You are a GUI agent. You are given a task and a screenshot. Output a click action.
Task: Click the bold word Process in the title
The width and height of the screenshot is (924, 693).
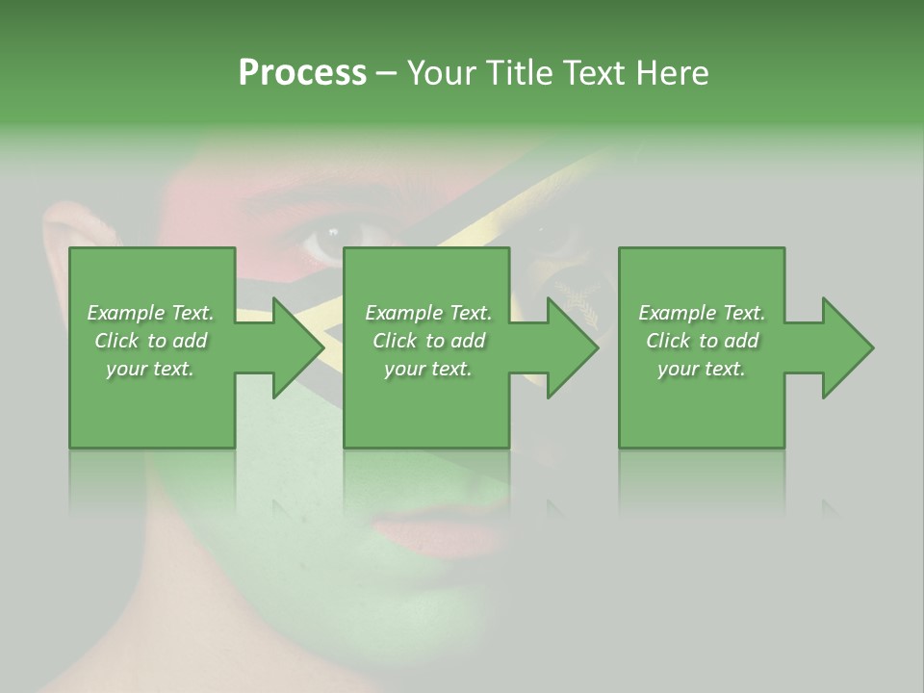(302, 73)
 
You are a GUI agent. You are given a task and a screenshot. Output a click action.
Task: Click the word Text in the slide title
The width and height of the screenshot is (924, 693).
(592, 73)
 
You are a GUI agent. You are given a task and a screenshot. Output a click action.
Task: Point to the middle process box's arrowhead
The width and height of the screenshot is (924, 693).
(570, 347)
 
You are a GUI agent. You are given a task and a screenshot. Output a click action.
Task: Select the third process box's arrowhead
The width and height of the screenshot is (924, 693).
(845, 347)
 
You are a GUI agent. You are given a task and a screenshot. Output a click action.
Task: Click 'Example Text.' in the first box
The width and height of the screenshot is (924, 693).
(150, 313)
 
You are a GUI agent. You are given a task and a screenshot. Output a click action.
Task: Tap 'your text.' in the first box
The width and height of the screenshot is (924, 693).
(150, 369)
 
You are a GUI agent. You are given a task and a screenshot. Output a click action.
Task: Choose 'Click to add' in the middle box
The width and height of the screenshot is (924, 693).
(428, 341)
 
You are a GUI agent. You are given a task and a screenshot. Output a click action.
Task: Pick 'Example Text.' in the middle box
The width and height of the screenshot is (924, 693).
(428, 313)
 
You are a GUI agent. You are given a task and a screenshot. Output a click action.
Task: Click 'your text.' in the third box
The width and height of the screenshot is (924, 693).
(702, 369)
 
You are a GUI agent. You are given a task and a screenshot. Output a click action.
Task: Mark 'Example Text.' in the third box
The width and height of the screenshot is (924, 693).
(702, 313)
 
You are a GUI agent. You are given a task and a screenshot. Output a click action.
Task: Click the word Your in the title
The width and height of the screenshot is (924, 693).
(437, 73)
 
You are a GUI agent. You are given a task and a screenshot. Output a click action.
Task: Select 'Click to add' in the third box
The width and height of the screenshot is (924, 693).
(702, 341)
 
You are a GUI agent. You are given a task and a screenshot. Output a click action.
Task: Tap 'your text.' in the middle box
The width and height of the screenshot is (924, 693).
(428, 369)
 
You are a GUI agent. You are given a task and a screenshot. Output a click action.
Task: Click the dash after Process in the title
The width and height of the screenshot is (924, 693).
(386, 73)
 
